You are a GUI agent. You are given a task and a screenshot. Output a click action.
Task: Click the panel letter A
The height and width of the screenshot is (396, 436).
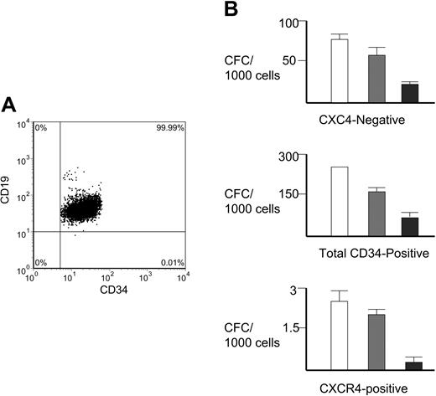(x=9, y=105)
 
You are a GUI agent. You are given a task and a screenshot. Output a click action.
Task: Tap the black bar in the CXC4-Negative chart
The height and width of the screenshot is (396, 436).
(x=409, y=92)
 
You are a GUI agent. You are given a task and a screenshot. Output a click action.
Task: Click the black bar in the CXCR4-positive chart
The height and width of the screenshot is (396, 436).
(x=409, y=365)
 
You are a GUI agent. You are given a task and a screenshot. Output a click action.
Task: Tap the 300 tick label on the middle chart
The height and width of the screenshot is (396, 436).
(x=289, y=156)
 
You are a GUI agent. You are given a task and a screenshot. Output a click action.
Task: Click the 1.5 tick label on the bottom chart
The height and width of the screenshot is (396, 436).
(x=289, y=327)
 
